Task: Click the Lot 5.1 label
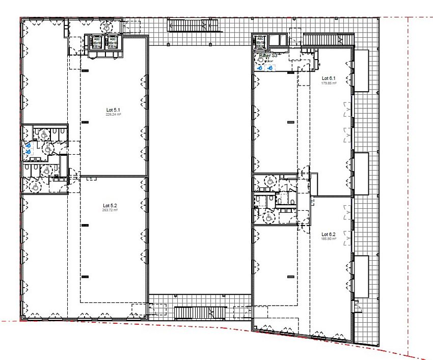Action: (112, 109)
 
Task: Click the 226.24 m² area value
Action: (112, 115)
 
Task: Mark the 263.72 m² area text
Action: (110, 210)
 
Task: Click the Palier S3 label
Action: (268, 55)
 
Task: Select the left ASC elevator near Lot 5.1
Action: (97, 42)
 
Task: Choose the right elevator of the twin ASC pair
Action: (113, 42)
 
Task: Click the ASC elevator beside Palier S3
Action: (260, 41)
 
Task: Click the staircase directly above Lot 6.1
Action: (328, 40)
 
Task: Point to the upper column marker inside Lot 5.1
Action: (85, 70)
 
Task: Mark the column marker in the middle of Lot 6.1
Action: (291, 122)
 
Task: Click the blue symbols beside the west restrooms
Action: (28, 148)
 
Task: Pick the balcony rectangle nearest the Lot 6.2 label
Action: (361, 275)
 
